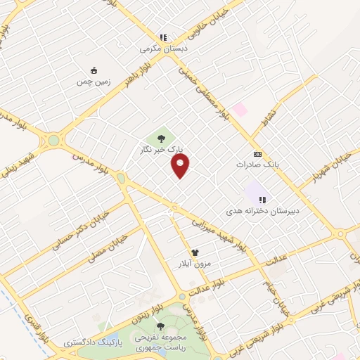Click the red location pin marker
coord(181,166)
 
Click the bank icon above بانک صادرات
coord(257,154)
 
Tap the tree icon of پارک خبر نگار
coord(162,138)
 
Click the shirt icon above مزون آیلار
coord(195,252)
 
